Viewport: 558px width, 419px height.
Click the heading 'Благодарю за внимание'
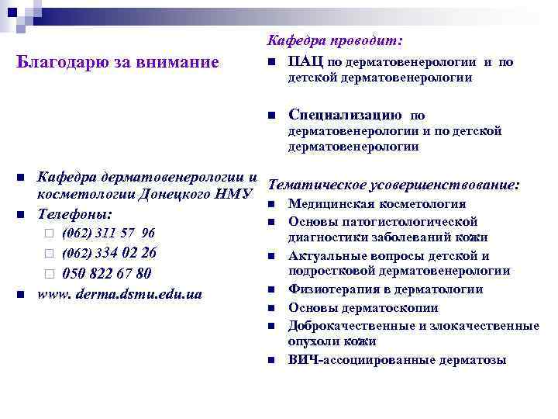(x=117, y=62)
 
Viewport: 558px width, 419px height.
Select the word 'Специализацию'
(x=344, y=116)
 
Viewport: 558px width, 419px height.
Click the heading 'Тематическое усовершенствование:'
(x=393, y=186)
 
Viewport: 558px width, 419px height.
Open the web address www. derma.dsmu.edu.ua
(x=121, y=294)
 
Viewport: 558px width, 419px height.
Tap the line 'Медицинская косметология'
(x=377, y=205)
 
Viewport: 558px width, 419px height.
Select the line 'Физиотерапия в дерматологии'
(x=385, y=289)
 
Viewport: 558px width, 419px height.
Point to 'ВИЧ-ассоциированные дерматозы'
(x=397, y=359)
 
